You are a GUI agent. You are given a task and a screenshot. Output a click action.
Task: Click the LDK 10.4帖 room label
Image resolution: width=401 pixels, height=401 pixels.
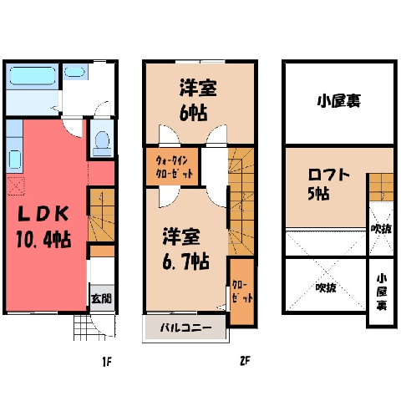click(x=43, y=227)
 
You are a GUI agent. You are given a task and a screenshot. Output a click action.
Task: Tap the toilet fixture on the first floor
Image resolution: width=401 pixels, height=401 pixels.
click(x=102, y=143)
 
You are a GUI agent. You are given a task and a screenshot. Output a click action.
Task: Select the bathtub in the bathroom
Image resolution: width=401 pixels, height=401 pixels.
click(x=33, y=75)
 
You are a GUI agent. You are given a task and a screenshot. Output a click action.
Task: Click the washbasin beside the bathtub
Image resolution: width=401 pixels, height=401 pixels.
click(x=74, y=72)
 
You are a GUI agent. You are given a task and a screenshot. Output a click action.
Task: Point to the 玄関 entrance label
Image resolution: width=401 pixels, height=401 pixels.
click(x=102, y=298)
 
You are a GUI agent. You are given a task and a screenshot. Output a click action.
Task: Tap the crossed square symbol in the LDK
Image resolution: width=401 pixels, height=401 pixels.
click(x=16, y=185)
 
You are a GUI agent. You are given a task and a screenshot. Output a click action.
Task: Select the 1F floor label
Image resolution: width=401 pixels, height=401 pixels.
click(x=107, y=362)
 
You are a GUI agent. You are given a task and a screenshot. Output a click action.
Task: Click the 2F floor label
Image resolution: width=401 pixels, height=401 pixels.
click(x=245, y=361)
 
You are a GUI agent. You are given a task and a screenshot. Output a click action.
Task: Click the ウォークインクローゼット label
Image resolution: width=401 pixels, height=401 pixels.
click(x=174, y=167)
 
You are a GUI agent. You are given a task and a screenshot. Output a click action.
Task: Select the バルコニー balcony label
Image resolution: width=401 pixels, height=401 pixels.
click(x=185, y=327)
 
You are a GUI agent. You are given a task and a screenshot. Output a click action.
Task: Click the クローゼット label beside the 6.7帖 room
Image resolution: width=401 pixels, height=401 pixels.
click(x=242, y=292)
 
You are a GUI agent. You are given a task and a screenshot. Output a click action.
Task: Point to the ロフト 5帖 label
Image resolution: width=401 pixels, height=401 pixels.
click(x=328, y=185)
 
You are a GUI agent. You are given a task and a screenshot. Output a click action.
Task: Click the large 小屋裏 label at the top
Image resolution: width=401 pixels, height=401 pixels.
click(x=339, y=101)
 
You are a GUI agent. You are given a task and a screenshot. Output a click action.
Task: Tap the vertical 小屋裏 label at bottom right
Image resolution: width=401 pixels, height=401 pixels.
click(x=382, y=292)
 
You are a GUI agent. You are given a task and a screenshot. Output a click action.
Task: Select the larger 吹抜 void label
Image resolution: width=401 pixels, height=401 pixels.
click(x=326, y=287)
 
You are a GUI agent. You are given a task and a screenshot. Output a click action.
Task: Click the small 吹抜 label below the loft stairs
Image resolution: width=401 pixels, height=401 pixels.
click(x=381, y=229)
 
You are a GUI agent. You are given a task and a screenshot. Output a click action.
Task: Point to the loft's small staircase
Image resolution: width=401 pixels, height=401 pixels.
click(x=381, y=187)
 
